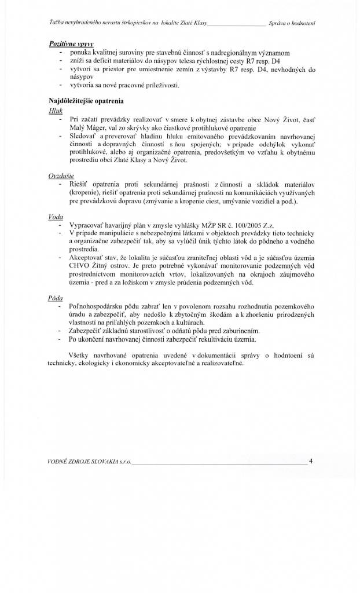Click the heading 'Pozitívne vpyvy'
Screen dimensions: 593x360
[x=72, y=44]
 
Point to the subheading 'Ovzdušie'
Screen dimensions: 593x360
[x=61, y=174]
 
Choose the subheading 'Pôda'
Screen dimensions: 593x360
[x=56, y=297]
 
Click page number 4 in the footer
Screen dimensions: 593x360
[x=311, y=462]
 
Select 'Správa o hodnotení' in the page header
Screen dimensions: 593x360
[x=295, y=23]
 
